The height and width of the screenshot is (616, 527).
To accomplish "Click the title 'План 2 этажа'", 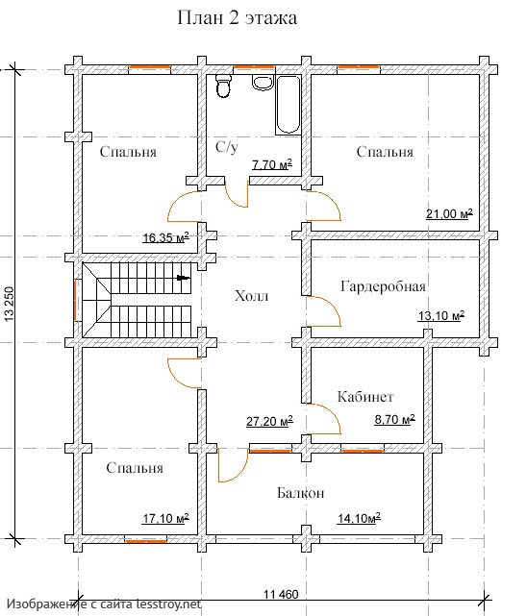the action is [237, 18].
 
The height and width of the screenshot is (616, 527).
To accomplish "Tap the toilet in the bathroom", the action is [224, 86].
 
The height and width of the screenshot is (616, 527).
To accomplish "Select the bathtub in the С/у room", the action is [289, 105].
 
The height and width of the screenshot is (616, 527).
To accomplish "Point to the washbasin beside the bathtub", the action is [263, 83].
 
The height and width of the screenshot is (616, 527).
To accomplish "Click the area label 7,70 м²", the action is [272, 164].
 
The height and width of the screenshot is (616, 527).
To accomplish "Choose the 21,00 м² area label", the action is [449, 213].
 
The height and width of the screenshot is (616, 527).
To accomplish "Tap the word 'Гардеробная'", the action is [383, 286].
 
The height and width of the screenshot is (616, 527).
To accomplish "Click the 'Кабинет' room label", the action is [365, 397].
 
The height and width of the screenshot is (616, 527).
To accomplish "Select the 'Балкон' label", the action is [301, 493].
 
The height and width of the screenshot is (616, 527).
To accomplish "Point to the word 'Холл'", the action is [252, 295].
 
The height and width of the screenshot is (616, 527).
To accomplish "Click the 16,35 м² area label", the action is [165, 237].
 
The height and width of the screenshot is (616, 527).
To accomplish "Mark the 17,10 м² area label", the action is [165, 519].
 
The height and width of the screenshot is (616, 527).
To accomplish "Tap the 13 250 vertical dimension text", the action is [9, 304].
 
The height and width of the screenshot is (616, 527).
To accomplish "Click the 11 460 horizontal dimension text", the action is [281, 595].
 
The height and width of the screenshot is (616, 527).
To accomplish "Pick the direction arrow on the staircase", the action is [184, 278].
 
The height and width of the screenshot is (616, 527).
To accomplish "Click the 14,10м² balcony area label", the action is [359, 519].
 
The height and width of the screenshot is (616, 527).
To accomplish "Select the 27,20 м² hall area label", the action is [269, 422].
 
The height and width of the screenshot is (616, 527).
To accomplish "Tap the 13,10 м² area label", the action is [441, 315].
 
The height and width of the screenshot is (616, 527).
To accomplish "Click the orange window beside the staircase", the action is [75, 300].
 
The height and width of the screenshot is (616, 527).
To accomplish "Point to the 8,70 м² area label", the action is [394, 420].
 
